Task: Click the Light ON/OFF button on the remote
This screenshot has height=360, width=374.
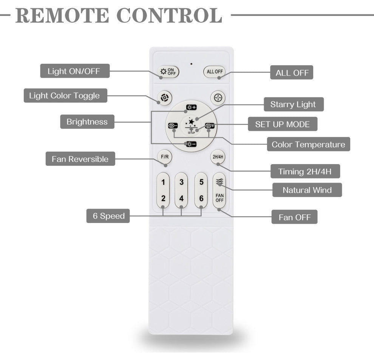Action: tap(168, 71)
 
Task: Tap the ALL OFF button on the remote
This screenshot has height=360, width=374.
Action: tap(214, 71)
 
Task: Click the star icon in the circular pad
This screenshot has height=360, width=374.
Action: tap(192, 122)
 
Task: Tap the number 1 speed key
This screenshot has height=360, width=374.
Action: tap(163, 183)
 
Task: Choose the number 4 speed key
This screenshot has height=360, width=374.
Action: tap(181, 198)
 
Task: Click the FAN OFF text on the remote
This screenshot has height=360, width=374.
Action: tap(219, 198)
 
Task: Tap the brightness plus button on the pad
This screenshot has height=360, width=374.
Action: tap(191, 108)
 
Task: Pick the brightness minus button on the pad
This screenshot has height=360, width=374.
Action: tap(191, 144)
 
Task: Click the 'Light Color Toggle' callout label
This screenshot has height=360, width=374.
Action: tap(65, 95)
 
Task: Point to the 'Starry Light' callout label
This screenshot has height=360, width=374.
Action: tap(293, 104)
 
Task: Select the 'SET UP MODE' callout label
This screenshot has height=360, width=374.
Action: tap(282, 124)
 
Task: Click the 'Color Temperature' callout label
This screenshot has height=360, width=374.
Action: tap(308, 144)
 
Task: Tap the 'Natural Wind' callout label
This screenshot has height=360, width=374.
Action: tap(307, 190)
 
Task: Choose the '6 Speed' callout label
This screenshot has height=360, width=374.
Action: tap(109, 216)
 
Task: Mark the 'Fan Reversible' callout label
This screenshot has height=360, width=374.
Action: tap(80, 159)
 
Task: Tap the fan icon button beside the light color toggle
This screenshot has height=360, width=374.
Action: tap(218, 98)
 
